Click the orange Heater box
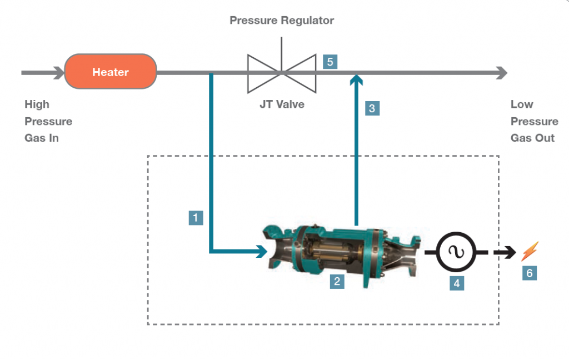[x=111, y=72]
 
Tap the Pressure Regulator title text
[x=282, y=21]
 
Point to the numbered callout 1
[x=196, y=217]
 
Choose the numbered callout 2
[x=336, y=282]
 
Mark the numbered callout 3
[x=372, y=108]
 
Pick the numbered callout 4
[x=457, y=283]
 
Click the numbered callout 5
[x=330, y=62]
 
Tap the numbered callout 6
[x=530, y=273]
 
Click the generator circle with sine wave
[x=457, y=252]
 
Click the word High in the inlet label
[x=37, y=104]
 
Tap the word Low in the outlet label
[x=522, y=104]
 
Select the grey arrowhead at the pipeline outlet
[x=502, y=73]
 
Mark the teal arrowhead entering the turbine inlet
[x=261, y=252]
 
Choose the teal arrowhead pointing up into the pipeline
[x=356, y=81]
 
